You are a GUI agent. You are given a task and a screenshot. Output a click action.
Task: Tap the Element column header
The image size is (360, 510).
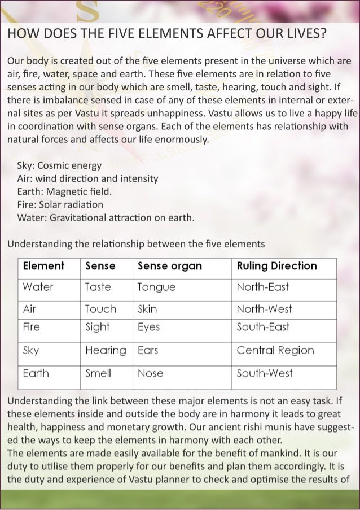tap(43, 266)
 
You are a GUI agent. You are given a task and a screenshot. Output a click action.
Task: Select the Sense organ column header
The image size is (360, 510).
tap(170, 266)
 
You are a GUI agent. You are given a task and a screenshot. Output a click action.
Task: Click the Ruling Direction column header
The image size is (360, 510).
tap(276, 266)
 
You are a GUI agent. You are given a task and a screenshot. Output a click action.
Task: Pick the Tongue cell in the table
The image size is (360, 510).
tap(156, 287)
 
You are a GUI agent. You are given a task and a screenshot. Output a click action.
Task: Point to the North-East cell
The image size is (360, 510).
tap(262, 287)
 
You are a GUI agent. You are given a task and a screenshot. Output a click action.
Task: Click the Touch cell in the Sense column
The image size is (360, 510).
tap(100, 309)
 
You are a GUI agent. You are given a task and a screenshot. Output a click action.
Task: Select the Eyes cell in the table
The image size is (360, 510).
tap(149, 327)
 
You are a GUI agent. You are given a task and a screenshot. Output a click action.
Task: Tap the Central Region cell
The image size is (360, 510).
tap(275, 350)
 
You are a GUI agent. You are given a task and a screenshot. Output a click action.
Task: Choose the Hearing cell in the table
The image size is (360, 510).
tap(106, 350)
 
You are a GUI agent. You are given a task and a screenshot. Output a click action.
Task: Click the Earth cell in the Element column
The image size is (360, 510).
tap(36, 373)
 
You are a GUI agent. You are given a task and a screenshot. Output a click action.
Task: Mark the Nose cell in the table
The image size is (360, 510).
tap(151, 373)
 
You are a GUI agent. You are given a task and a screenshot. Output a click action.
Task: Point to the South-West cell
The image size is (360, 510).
tap(265, 373)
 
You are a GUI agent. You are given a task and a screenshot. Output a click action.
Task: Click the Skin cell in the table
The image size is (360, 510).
tap(148, 309)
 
